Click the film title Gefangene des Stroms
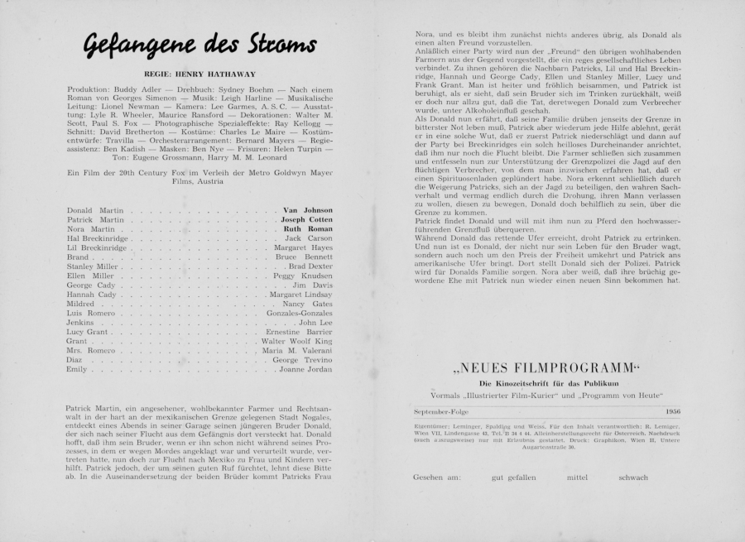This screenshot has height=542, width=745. click(x=198, y=44)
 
